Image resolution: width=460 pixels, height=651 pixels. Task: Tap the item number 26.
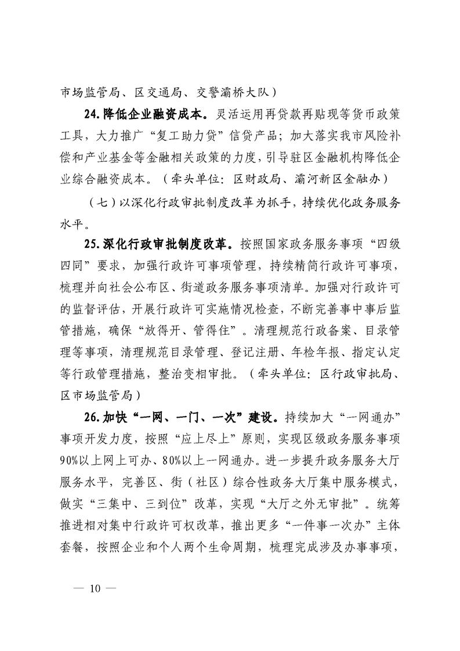(91, 417)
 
